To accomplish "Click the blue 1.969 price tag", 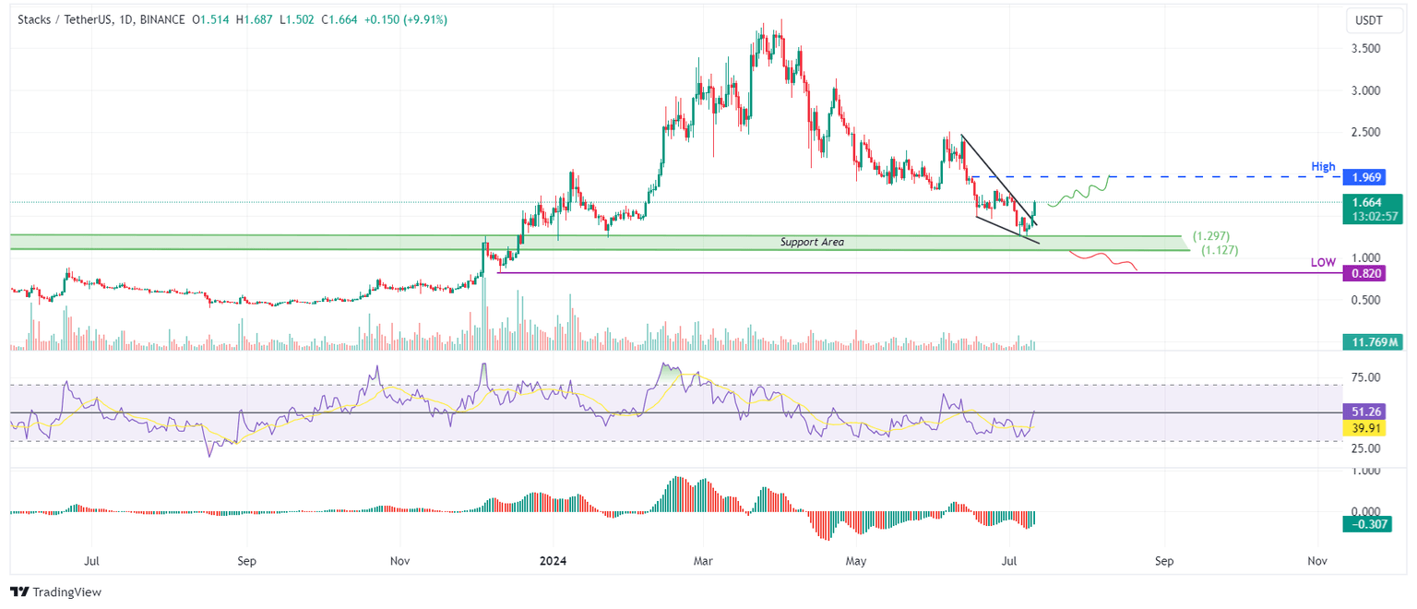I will pyautogui.click(x=1367, y=176).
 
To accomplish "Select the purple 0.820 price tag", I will pyautogui.click(x=1367, y=273).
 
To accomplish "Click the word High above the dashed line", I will pyautogui.click(x=1323, y=167).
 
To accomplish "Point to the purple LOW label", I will pyautogui.click(x=1323, y=263).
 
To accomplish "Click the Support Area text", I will pyautogui.click(x=812, y=242).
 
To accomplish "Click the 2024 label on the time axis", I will pyautogui.click(x=553, y=560).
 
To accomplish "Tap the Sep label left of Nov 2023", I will pyautogui.click(x=244, y=560).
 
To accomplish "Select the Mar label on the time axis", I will pyautogui.click(x=703, y=560).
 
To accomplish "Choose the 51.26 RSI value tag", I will pyautogui.click(x=1365, y=412).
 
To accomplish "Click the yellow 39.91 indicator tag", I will pyautogui.click(x=1365, y=428).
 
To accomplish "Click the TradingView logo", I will pyautogui.click(x=56, y=592).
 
